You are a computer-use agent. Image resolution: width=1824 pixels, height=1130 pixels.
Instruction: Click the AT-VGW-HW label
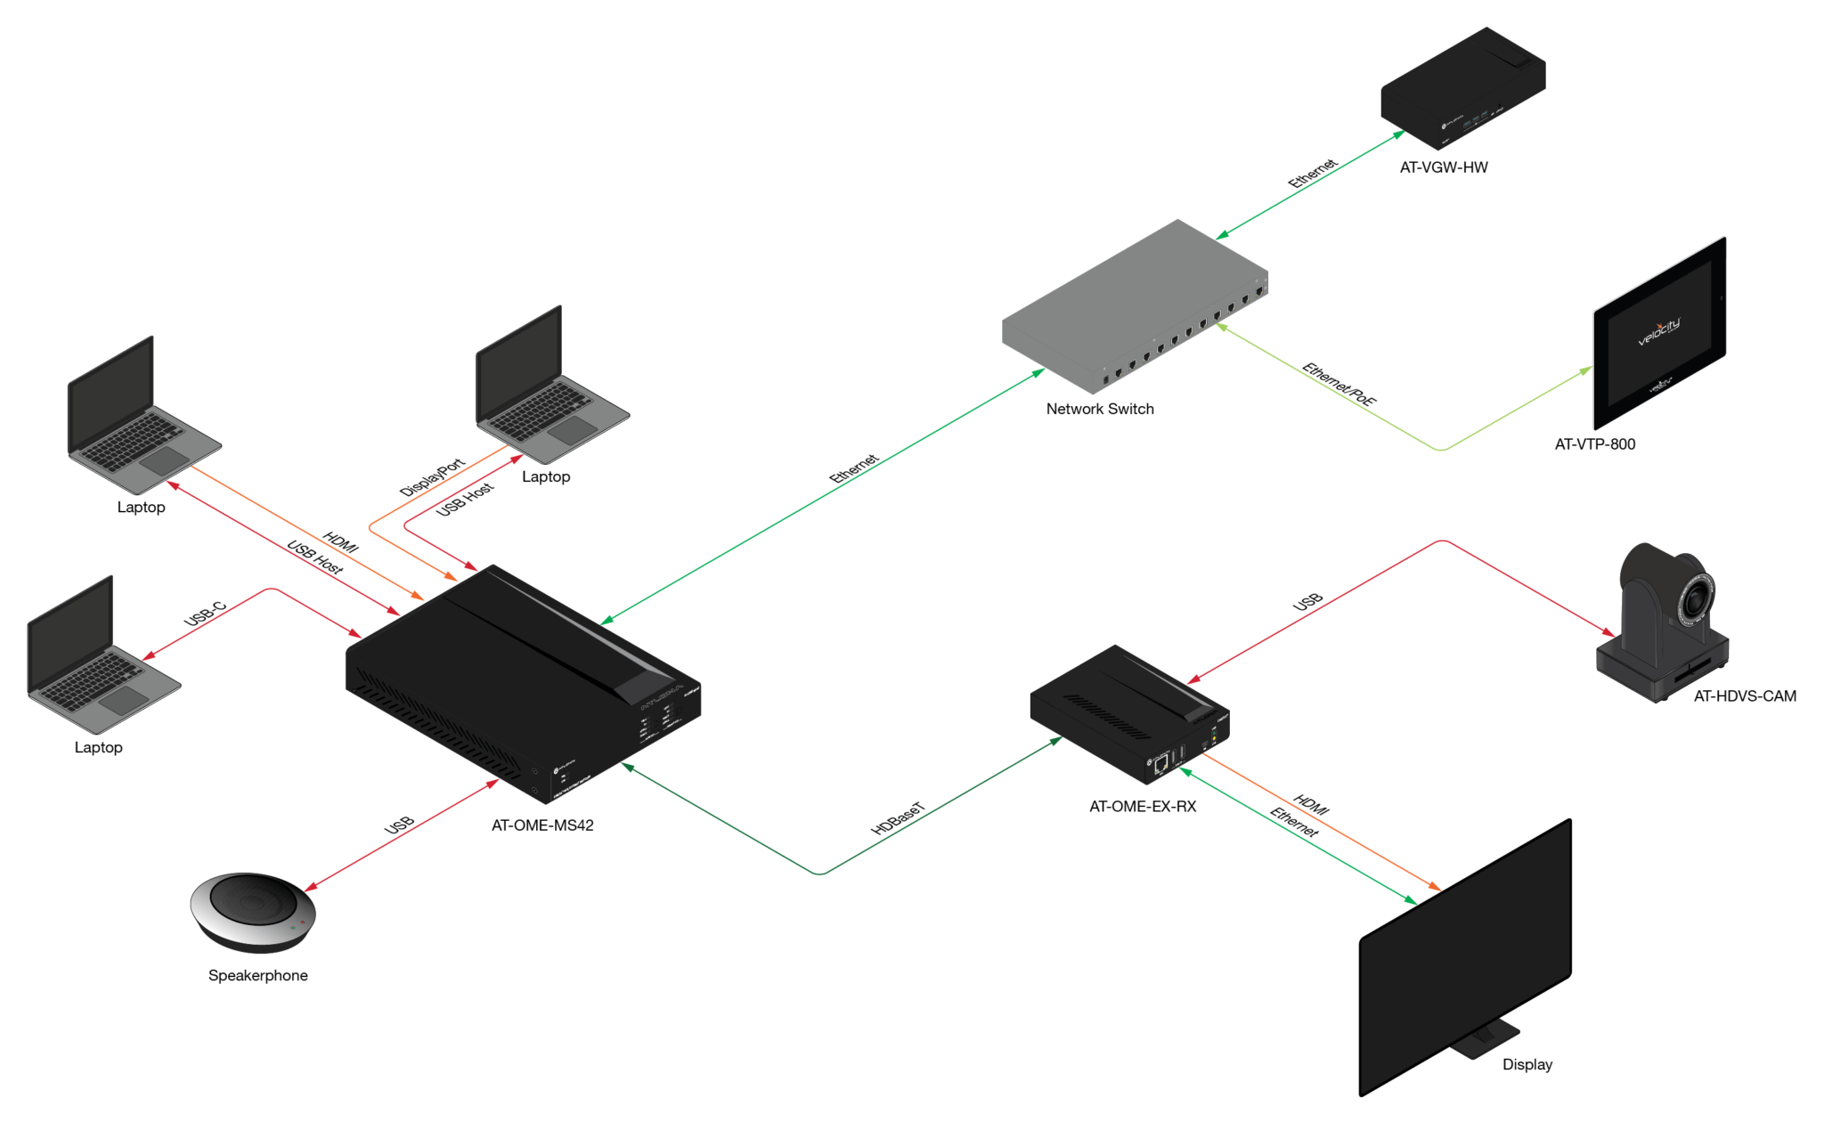[1443, 167]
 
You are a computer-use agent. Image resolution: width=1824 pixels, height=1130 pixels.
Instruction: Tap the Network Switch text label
[1099, 409]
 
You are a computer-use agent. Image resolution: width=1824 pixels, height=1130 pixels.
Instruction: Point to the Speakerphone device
[253, 911]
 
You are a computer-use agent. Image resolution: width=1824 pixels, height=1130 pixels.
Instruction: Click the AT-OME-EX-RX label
[1142, 807]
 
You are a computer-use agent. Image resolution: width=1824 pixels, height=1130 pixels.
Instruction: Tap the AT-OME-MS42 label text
[541, 825]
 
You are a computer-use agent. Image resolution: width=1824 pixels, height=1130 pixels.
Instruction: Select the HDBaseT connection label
[898, 818]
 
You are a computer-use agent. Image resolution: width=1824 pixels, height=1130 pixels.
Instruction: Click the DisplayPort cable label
[432, 477]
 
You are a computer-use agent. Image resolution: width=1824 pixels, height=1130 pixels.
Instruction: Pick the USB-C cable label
[206, 614]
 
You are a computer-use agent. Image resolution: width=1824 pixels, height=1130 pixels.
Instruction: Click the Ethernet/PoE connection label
[1339, 384]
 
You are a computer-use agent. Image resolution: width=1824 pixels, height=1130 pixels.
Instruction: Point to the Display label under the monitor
[1527, 1065]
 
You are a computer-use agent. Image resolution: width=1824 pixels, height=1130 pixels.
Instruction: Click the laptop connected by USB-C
[98, 659]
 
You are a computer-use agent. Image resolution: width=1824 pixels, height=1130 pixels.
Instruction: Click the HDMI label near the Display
[1311, 805]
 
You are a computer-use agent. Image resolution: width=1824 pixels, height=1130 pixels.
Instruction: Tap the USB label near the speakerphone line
[399, 825]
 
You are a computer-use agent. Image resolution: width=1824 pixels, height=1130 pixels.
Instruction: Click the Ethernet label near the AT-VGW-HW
[1312, 174]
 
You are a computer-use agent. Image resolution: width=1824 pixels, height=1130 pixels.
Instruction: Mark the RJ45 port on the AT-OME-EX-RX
[1160, 763]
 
